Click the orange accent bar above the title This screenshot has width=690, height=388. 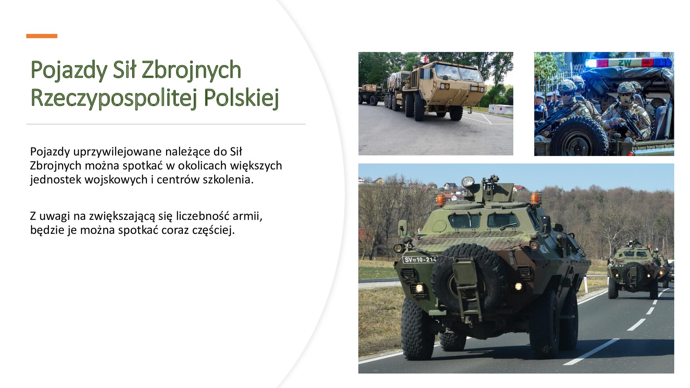(x=42, y=36)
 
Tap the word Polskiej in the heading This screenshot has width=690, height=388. (x=241, y=98)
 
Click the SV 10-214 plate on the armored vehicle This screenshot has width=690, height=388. (x=419, y=259)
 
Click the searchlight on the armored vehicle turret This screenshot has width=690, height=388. (x=468, y=182)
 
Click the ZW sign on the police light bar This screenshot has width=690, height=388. (x=625, y=63)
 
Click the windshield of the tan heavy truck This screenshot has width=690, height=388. (x=458, y=73)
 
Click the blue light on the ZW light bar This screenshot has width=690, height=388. (x=663, y=63)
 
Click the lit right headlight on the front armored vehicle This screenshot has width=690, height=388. (x=518, y=286)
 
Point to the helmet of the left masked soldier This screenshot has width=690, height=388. (x=567, y=86)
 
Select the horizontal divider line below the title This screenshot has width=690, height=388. (x=166, y=124)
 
